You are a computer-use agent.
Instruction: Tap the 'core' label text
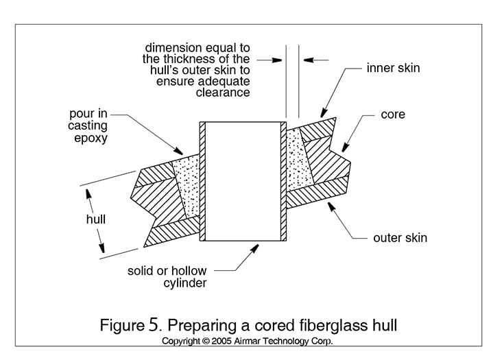click(393, 114)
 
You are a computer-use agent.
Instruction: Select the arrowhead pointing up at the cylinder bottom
click(257, 246)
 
